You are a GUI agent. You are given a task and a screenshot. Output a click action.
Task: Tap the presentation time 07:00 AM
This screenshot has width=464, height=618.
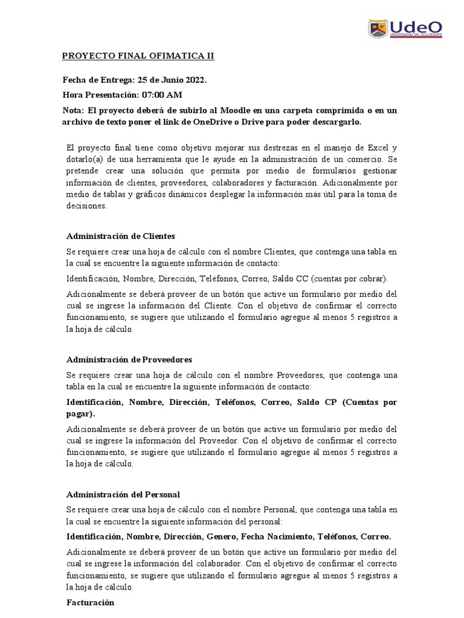tap(162, 95)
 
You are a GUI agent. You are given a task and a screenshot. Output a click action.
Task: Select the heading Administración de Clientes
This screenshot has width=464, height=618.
tap(120, 236)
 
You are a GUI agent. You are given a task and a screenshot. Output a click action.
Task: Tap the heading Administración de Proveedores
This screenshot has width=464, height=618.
tap(129, 360)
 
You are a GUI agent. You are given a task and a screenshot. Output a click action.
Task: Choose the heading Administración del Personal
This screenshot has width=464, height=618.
tap(123, 494)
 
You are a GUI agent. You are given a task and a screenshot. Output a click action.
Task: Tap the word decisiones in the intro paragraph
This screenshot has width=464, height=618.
tap(86, 206)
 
